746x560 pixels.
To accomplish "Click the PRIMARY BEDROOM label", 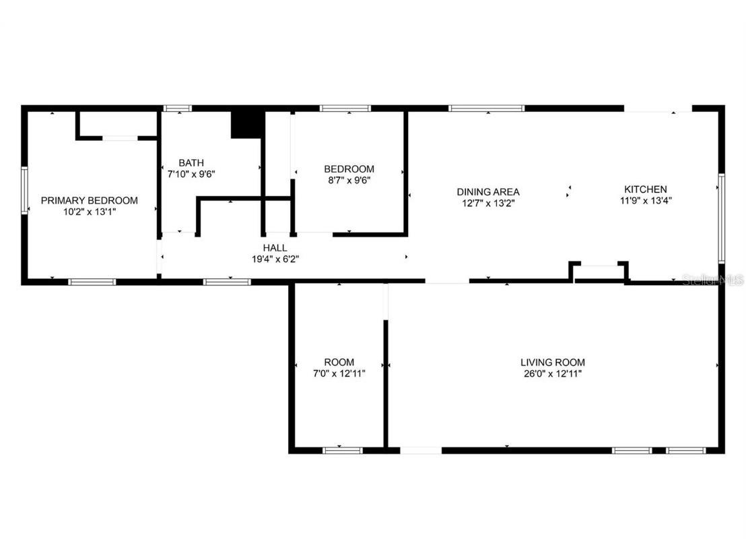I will [x=90, y=200].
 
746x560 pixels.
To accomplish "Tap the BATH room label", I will [x=191, y=163].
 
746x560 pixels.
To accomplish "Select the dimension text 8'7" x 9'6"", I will [x=349, y=180].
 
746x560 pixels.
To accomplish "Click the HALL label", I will [x=275, y=248].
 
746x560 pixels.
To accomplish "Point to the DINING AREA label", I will [x=488, y=192].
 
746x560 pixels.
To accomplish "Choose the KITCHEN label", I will [x=646, y=189].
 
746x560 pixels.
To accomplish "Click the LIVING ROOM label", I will [x=552, y=363].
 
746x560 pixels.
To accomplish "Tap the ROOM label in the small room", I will [x=339, y=362].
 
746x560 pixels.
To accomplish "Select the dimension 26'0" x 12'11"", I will [x=552, y=373].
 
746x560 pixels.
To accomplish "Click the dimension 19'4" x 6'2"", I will [x=275, y=259].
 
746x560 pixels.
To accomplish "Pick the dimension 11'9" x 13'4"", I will [x=646, y=200].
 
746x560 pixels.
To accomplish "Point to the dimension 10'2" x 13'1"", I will [x=90, y=211].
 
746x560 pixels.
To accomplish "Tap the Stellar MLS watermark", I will [x=713, y=279].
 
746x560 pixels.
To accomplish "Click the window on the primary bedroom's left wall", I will [x=24, y=191].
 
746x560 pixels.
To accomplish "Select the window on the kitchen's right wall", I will [x=720, y=217].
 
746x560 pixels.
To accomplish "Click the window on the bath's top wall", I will [x=178, y=108].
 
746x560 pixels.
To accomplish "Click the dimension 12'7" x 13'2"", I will [x=488, y=203].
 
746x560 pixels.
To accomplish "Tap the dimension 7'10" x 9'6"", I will [x=191, y=174].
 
